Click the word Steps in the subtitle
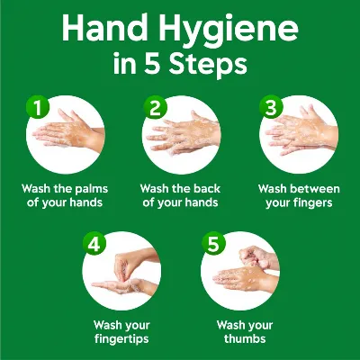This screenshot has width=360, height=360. coord(208,66)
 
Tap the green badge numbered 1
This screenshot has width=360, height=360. coord(38,107)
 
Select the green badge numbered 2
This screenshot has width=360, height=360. coord(155,107)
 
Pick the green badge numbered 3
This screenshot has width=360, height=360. coord(271,107)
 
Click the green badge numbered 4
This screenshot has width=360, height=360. coord(94,244)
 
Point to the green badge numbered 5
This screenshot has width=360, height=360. coord(213,244)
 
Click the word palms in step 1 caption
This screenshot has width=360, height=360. coord(91,189)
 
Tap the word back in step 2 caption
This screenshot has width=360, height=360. coord(207,189)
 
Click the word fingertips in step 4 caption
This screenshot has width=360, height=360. coord(121,339)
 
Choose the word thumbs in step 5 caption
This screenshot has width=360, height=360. coord(245,338)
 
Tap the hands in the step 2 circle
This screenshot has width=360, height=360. coord(184,135)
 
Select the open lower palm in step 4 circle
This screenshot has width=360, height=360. coord(124,286)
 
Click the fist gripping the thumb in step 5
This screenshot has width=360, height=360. coord(255,257)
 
